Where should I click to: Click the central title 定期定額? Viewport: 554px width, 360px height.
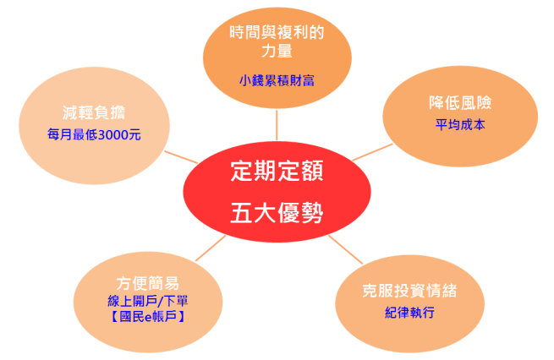click(x=277, y=171)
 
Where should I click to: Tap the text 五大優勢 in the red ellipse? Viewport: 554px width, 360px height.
click(x=277, y=212)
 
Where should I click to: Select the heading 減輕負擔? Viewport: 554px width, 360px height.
click(x=94, y=112)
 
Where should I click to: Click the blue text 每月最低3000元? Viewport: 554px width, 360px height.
click(x=94, y=134)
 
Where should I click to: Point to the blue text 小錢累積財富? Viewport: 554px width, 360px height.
click(x=277, y=80)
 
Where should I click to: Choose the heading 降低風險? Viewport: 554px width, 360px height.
click(x=460, y=103)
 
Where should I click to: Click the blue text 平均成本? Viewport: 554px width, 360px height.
click(x=460, y=124)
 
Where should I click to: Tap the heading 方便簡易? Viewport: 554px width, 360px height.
click(x=148, y=283)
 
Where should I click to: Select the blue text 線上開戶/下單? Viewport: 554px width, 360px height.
click(x=148, y=301)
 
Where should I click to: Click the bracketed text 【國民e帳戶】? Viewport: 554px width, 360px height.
click(x=148, y=316)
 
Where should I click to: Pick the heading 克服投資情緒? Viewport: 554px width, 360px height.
click(x=410, y=291)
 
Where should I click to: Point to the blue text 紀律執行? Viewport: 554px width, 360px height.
click(x=410, y=313)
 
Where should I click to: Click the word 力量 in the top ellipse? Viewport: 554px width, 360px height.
click(x=277, y=51)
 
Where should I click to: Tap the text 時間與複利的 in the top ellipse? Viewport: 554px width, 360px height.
click(x=277, y=32)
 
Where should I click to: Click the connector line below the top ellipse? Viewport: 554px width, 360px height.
click(x=277, y=125)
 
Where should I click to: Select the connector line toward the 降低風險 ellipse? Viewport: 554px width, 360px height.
click(x=372, y=152)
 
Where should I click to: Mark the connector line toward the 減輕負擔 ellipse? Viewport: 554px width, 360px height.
click(x=181, y=157)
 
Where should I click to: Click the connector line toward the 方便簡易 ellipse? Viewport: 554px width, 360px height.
click(x=211, y=248)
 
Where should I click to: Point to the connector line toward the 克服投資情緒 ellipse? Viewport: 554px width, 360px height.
click(x=346, y=249)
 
